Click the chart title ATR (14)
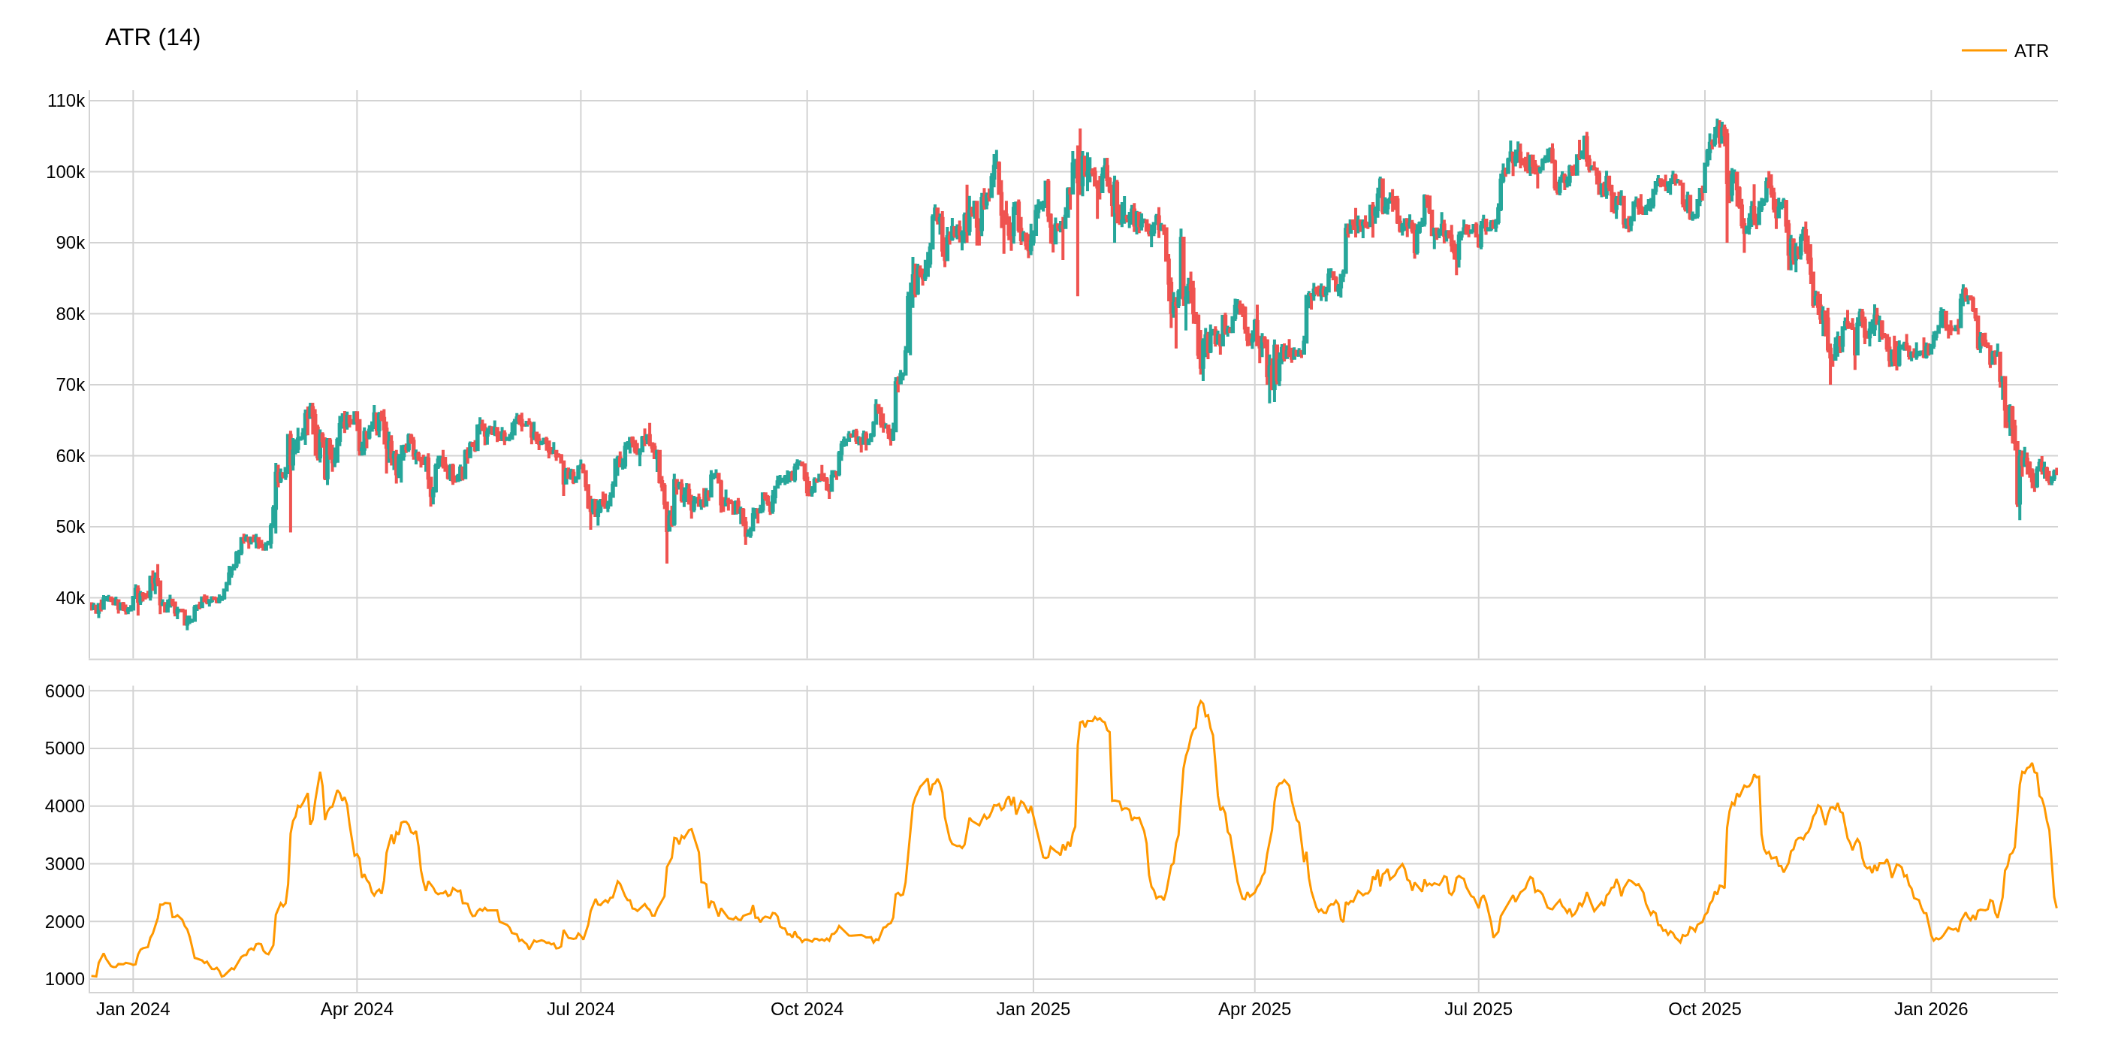point(152,38)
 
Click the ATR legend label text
point(2030,51)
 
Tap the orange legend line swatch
point(1983,50)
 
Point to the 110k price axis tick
point(65,101)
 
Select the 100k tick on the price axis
point(65,172)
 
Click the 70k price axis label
point(69,385)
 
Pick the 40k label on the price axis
point(69,598)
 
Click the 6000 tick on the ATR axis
point(65,691)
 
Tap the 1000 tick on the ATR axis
point(65,978)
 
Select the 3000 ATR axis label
point(65,863)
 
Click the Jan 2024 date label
point(133,1008)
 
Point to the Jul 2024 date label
point(581,1008)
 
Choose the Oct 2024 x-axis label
point(807,1008)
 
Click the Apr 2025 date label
point(1254,1008)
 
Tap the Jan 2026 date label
point(1930,1008)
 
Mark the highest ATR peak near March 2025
point(1200,702)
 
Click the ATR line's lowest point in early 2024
point(222,976)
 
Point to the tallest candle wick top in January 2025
point(1079,129)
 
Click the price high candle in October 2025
point(1717,119)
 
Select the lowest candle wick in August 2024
point(667,562)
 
